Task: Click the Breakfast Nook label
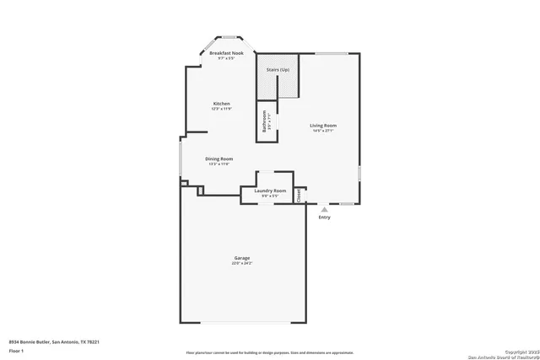pyautogui.click(x=225, y=53)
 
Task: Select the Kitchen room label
pyautogui.click(x=221, y=104)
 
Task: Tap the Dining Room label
pyautogui.click(x=219, y=159)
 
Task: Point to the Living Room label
pyautogui.click(x=323, y=126)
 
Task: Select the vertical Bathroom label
pyautogui.click(x=265, y=122)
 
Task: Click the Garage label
pyautogui.click(x=241, y=258)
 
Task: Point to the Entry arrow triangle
pyautogui.click(x=325, y=209)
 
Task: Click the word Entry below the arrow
pyautogui.click(x=325, y=218)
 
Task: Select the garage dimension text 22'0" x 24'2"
pyautogui.click(x=241, y=264)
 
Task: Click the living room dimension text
pyautogui.click(x=323, y=131)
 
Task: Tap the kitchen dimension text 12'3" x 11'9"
pyautogui.click(x=221, y=109)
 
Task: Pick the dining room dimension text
pyautogui.click(x=219, y=164)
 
